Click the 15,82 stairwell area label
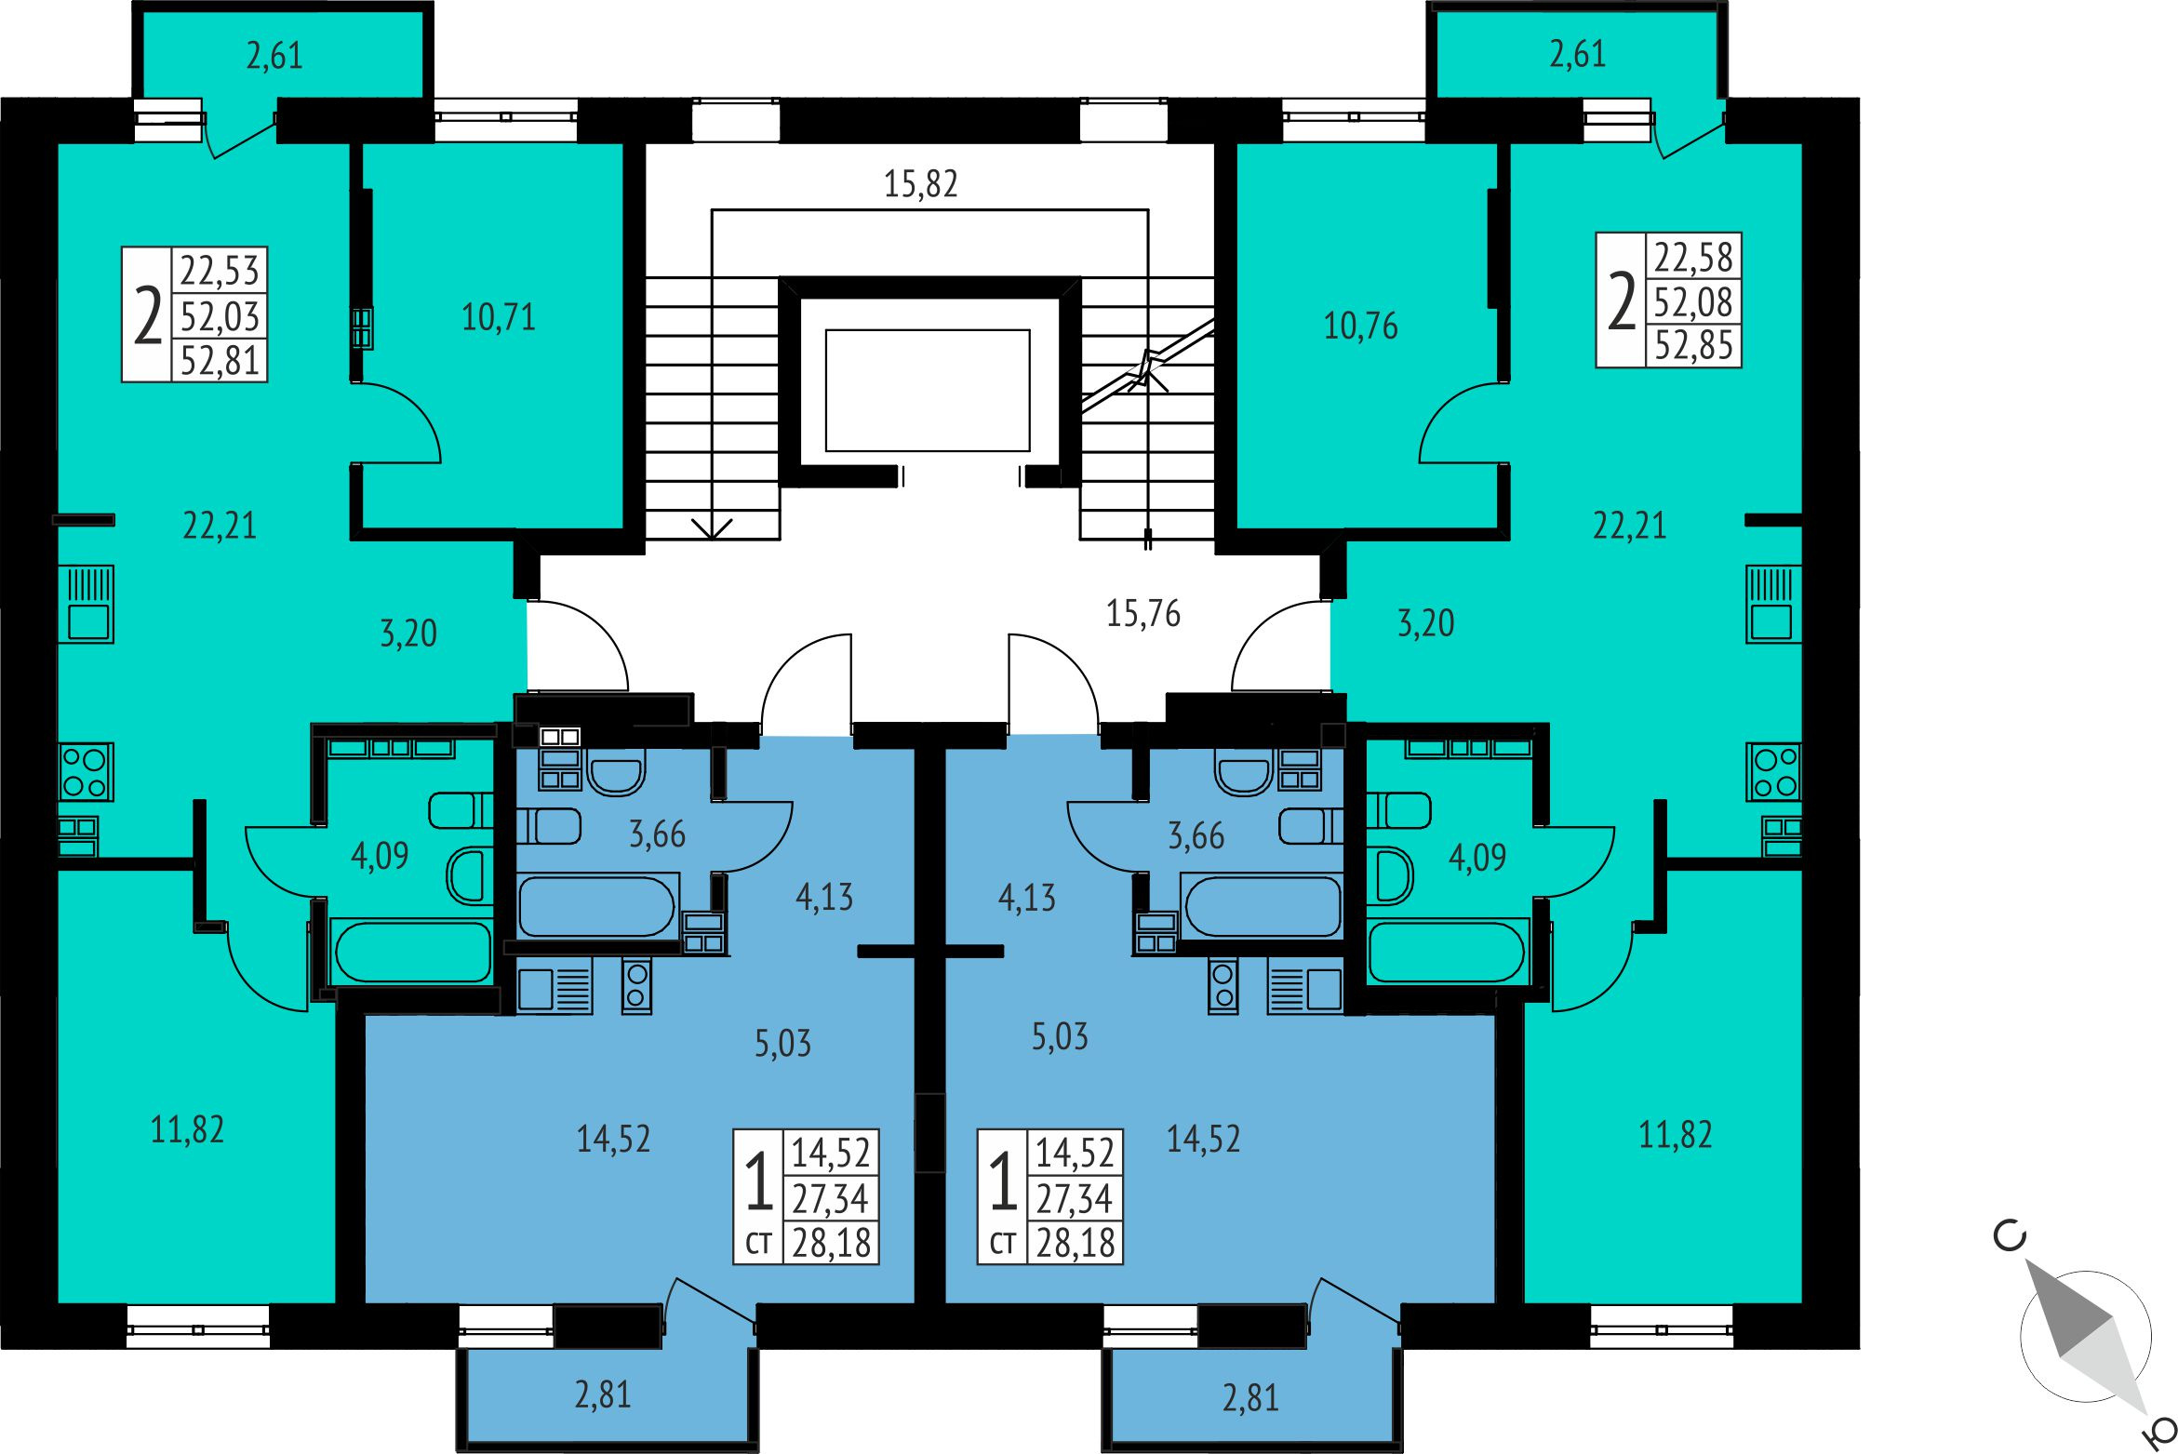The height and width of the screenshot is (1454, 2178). tap(920, 184)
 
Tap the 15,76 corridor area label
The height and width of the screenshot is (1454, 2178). tap(1143, 614)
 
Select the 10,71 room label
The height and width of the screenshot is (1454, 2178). tap(499, 318)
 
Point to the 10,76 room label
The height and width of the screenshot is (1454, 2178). tap(1360, 327)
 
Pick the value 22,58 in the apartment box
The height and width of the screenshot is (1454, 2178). tap(1693, 257)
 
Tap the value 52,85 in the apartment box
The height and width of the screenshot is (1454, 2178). tap(1693, 346)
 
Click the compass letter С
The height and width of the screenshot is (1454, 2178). tap(2011, 1236)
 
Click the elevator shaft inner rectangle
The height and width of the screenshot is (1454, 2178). tap(928, 391)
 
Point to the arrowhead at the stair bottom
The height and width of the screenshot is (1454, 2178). tap(712, 529)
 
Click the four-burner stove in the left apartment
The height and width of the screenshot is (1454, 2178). tap(86, 772)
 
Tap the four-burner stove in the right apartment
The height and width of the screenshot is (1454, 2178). tap(1774, 772)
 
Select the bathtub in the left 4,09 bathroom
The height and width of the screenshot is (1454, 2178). tap(413, 952)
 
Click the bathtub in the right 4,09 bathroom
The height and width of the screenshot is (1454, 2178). tap(1448, 951)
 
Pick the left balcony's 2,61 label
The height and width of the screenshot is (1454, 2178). tap(274, 56)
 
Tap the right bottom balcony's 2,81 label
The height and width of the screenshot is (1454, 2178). tap(1250, 1398)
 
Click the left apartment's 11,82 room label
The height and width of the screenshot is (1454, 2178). tap(187, 1130)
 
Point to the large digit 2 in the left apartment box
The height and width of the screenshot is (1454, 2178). tap(148, 316)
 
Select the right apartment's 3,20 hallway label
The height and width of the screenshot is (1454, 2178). tap(1426, 623)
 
